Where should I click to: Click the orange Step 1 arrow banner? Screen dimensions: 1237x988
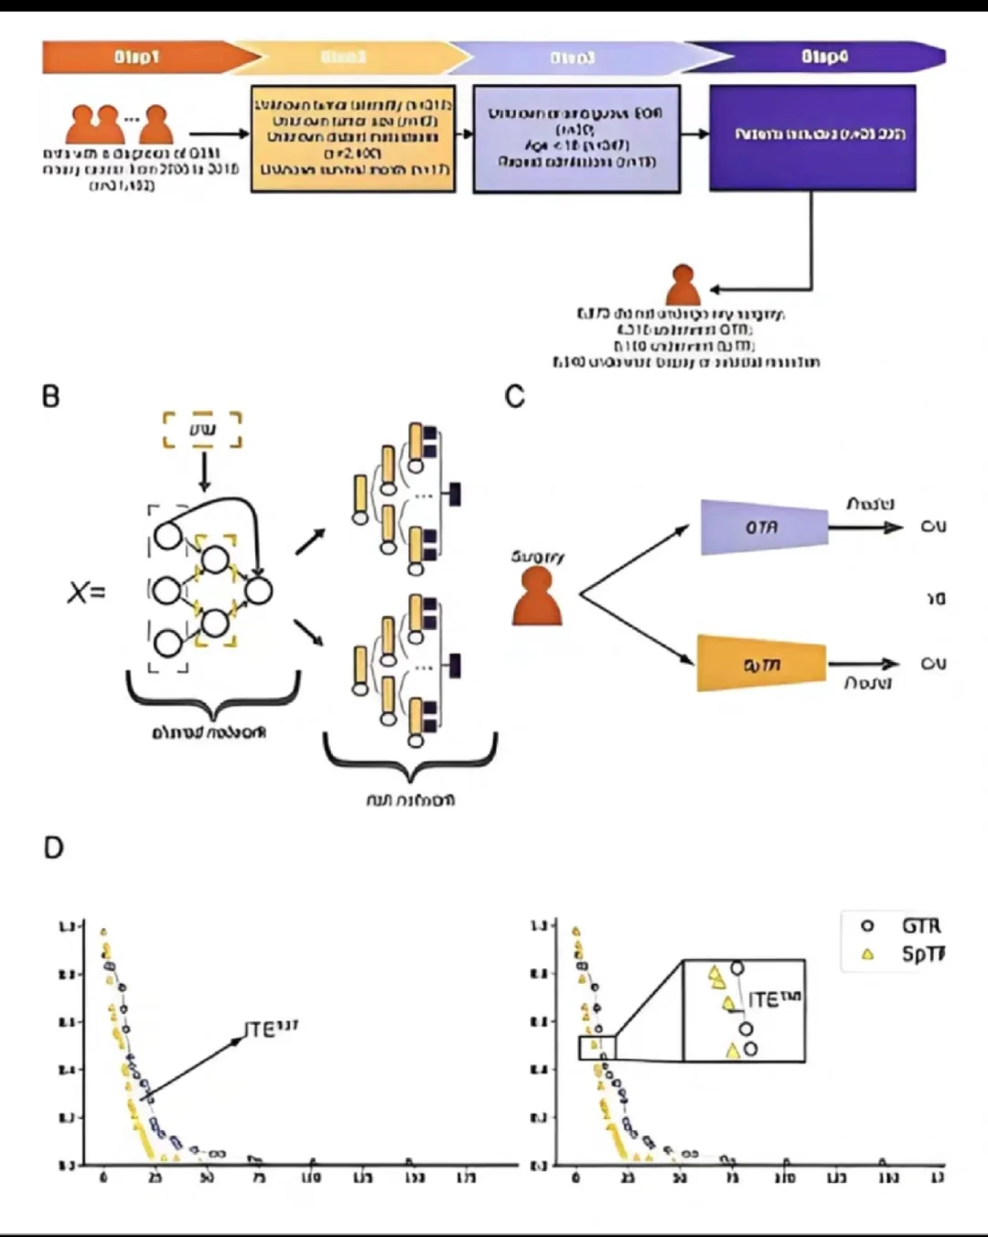click(137, 57)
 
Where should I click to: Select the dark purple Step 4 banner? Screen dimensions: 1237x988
click(823, 57)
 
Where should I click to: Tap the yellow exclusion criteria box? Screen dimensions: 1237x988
click(353, 138)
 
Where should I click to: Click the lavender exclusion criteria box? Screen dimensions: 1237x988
click(576, 138)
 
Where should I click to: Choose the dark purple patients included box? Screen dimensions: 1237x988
click(812, 137)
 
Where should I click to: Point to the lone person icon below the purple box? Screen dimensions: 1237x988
click(682, 285)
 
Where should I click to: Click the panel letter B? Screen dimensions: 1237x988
click(51, 397)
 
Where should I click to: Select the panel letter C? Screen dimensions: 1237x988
click(515, 397)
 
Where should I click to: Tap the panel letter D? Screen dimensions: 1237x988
click(53, 848)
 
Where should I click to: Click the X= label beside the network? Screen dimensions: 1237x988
click(86, 592)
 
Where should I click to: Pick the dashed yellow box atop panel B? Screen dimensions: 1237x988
click(202, 430)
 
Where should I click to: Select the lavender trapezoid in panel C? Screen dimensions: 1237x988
click(764, 528)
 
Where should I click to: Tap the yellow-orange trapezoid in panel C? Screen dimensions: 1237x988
click(762, 664)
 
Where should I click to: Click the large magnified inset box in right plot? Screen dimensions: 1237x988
click(744, 1010)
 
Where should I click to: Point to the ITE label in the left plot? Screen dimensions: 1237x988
click(271, 1029)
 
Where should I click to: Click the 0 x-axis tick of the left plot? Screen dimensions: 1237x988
click(103, 1178)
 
